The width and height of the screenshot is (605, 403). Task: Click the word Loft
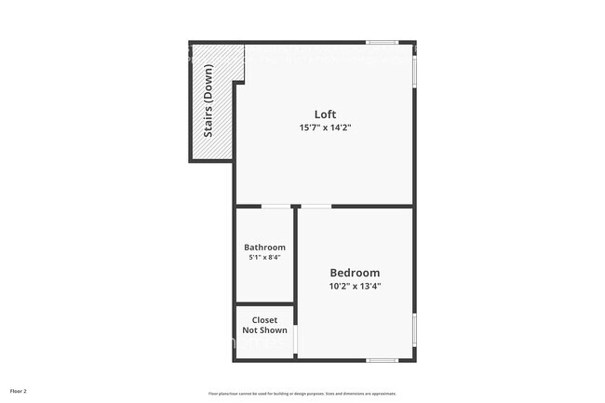click(325, 114)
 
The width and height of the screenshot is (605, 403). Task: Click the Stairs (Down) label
click(208, 101)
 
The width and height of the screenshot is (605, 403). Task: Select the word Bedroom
click(355, 273)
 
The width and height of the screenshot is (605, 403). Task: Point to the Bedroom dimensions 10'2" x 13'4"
click(355, 286)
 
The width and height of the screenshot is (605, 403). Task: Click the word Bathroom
click(264, 248)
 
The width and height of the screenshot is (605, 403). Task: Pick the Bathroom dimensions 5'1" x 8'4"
click(264, 258)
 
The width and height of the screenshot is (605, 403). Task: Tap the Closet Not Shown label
click(264, 325)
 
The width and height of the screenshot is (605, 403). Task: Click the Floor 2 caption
click(19, 391)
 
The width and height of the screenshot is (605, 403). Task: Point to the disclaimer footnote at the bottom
click(302, 393)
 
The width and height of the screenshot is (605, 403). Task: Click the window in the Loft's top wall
click(382, 42)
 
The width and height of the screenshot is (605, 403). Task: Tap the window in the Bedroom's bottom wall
click(383, 360)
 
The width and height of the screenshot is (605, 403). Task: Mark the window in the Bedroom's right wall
click(414, 330)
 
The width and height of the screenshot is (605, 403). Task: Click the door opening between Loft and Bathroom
click(275, 206)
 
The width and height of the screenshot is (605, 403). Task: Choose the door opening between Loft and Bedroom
click(316, 206)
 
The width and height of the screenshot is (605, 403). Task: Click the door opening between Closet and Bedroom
click(296, 339)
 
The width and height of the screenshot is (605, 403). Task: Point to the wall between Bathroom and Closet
click(264, 304)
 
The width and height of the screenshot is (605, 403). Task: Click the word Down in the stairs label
click(208, 83)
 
